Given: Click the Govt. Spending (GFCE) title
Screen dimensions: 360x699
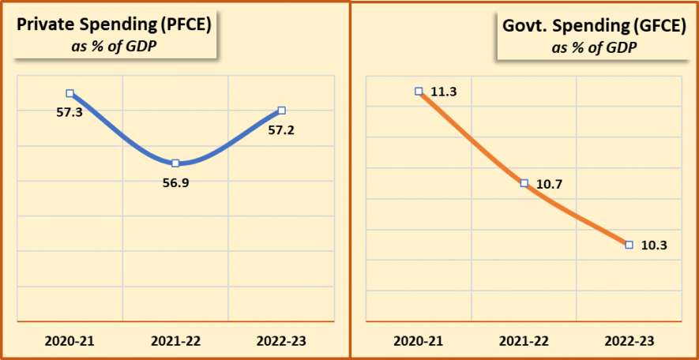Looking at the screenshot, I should click(595, 25).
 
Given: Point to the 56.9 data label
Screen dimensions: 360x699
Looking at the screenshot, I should click(175, 183).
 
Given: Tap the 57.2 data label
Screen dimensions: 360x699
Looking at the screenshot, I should click(281, 129).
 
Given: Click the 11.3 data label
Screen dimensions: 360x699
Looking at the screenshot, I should click(445, 92).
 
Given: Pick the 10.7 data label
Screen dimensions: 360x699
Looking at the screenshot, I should click(551, 183).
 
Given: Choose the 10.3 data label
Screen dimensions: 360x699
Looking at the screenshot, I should click(656, 245).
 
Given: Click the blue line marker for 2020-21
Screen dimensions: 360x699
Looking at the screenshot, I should click(70, 93).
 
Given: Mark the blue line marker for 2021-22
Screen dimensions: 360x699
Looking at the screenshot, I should click(175, 163).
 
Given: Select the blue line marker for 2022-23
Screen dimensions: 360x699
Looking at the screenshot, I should click(282, 111).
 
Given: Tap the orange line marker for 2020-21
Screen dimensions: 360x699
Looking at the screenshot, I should click(419, 91).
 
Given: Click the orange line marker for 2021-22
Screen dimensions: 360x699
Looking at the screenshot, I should click(524, 183).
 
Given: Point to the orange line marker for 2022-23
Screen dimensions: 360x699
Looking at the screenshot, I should click(629, 245).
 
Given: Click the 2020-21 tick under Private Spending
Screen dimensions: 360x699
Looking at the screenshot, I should click(70, 341).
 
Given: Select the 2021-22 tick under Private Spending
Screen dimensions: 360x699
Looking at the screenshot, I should click(175, 341).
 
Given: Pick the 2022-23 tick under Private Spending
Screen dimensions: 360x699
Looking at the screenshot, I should click(281, 341).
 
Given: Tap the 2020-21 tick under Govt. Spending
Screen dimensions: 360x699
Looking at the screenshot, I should click(419, 341).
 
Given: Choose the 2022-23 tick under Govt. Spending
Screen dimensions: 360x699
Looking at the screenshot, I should click(629, 341).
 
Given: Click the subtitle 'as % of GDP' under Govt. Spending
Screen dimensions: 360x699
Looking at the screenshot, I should click(595, 47).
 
